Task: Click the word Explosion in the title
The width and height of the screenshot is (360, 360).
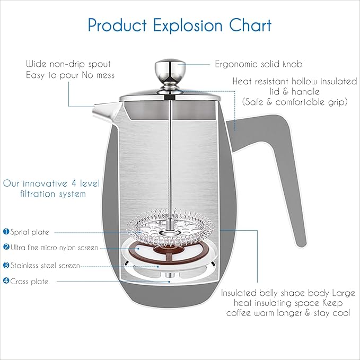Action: point(188,25)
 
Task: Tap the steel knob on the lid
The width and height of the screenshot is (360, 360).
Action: point(170,71)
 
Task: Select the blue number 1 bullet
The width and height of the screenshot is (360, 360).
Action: point(6,231)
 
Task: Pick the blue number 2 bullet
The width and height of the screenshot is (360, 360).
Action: point(6,247)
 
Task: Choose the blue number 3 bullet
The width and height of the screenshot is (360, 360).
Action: point(6,265)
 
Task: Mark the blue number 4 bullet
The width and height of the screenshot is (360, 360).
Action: point(6,281)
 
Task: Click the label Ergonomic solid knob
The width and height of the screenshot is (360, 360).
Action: point(259,64)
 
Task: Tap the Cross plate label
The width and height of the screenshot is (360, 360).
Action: point(29,282)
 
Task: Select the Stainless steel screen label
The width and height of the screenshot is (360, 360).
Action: point(45,266)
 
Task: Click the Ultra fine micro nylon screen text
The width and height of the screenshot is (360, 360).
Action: point(55,248)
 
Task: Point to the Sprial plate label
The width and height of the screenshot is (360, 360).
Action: point(30,232)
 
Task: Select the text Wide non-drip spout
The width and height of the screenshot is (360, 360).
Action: point(68,64)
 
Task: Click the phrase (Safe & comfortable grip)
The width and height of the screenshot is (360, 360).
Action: point(295,102)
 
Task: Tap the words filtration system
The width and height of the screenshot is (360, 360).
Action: point(53,194)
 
